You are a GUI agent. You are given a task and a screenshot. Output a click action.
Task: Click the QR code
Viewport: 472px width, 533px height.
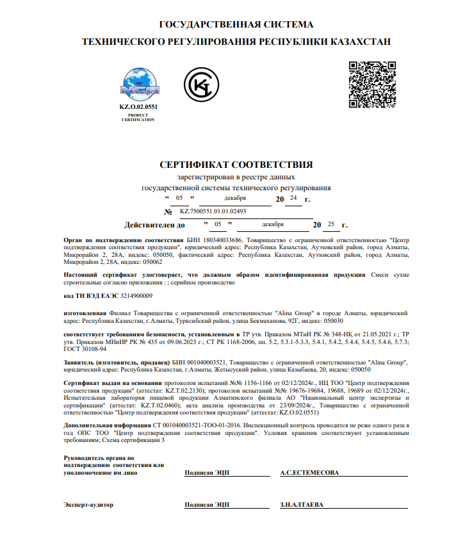click(373, 84)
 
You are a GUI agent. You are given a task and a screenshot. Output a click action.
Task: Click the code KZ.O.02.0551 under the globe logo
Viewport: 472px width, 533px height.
click(138, 106)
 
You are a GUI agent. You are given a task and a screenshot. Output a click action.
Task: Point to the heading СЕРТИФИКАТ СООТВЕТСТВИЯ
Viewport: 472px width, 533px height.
click(236, 165)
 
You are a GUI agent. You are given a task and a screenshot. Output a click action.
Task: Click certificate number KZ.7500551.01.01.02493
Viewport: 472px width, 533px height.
click(213, 211)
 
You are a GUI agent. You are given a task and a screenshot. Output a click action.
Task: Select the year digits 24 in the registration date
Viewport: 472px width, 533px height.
click(293, 199)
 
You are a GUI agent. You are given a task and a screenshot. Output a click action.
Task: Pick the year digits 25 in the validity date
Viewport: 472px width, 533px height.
click(331, 225)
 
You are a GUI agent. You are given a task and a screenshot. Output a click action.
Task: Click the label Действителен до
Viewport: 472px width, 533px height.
click(154, 225)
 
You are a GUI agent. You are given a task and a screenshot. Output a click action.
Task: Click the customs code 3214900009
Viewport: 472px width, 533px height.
click(132, 295)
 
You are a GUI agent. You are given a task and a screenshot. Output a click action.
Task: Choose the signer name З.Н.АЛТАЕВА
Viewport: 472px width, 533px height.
click(302, 504)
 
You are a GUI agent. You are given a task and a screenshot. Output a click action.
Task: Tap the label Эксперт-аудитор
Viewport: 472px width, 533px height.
click(88, 505)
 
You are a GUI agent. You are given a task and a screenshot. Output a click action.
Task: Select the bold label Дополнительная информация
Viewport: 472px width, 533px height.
click(106, 425)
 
